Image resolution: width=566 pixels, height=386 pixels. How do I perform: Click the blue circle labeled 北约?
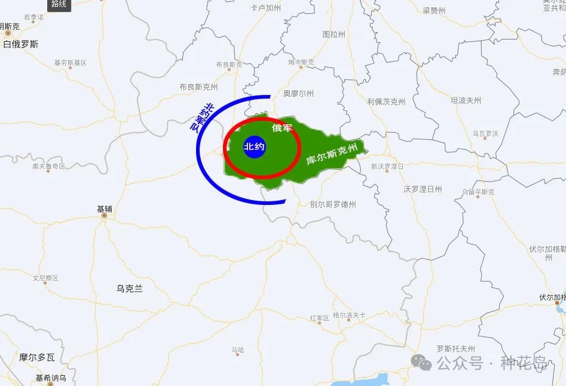[x=254, y=147]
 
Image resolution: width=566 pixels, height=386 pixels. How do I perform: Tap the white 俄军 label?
[x=282, y=128]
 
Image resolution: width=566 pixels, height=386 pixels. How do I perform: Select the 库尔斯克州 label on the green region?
[x=332, y=154]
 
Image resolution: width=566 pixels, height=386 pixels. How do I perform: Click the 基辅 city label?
[x=105, y=209]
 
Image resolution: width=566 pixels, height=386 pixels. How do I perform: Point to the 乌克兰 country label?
[x=130, y=289]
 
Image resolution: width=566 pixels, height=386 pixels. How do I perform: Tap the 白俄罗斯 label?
[x=20, y=44]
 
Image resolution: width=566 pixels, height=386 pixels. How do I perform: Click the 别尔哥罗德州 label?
[x=333, y=204]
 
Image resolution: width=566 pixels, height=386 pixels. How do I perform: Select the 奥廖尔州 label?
[x=298, y=93]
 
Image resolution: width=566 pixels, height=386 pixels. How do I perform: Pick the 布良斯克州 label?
[x=198, y=87]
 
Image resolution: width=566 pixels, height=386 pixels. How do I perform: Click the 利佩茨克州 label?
[x=386, y=102]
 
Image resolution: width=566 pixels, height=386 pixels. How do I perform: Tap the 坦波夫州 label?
[x=466, y=100]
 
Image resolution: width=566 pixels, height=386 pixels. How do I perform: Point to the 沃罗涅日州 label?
[x=423, y=189]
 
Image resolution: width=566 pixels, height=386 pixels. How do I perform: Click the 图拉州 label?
[x=334, y=35]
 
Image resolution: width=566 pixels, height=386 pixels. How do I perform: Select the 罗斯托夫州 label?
[x=455, y=348]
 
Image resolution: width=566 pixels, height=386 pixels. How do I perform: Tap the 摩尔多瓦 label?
[x=36, y=357]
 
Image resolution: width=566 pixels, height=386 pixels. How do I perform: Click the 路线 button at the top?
[x=59, y=5]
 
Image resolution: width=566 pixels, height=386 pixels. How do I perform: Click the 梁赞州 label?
[x=434, y=11]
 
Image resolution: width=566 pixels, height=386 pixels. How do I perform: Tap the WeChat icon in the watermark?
[x=422, y=362]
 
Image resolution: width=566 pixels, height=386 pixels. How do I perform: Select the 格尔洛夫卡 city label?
[x=349, y=315]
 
